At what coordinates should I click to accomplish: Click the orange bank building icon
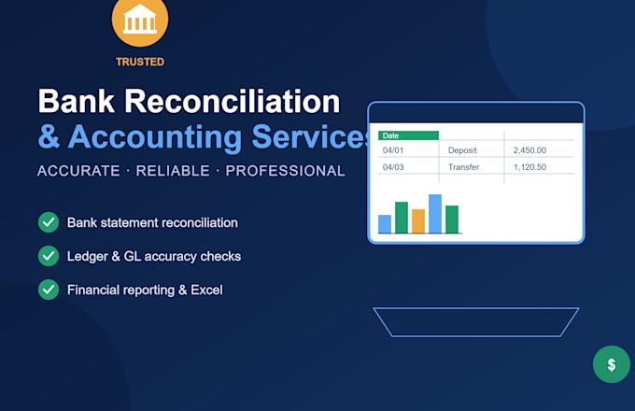point(140,20)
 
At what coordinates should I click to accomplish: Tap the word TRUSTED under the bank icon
point(140,62)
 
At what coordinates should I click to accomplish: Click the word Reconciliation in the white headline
point(232,101)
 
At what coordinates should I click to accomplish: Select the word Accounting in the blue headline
point(155,137)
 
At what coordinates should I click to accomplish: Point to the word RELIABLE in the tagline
point(173,171)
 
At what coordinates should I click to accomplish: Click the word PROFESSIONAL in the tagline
point(285,171)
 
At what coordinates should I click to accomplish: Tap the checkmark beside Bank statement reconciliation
point(49,222)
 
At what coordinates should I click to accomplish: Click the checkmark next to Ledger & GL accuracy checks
point(49,256)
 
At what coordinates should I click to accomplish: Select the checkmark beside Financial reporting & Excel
point(49,290)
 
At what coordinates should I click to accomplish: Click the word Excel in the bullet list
point(206,290)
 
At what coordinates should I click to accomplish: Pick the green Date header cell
point(408,135)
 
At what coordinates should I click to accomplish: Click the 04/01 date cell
point(393,150)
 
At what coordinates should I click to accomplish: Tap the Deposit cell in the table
point(462,150)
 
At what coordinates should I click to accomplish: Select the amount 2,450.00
point(529,150)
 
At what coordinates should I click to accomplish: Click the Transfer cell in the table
point(463,167)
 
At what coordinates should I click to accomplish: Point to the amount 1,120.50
point(529,167)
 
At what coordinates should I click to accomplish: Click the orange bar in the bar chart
point(418,221)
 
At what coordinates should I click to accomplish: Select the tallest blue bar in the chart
point(435,214)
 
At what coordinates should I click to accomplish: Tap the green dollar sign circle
point(612,364)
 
